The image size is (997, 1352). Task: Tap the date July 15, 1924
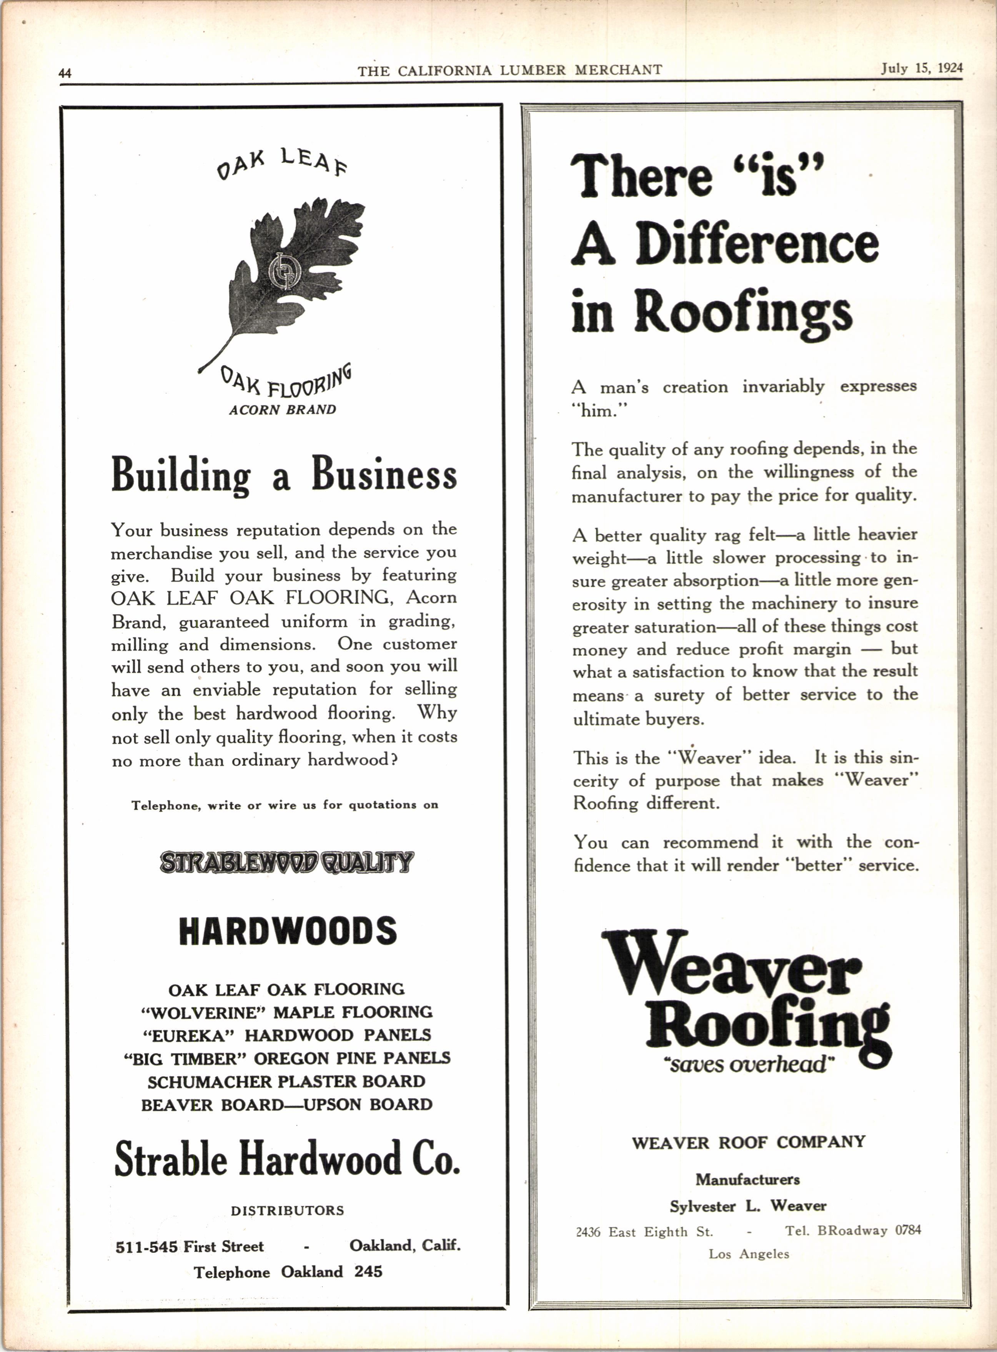[x=922, y=68]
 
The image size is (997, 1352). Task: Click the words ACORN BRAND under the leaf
[x=283, y=410]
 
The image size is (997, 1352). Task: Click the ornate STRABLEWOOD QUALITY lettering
[x=287, y=862]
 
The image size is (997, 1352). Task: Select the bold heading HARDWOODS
[x=288, y=931]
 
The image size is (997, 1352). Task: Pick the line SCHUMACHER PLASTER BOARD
[x=287, y=1082]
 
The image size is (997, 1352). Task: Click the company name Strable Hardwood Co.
[x=287, y=1159]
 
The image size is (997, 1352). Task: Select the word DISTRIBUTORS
[x=287, y=1211]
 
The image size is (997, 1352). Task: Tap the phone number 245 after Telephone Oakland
[x=368, y=1272]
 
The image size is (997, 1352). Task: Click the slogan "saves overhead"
[x=747, y=1064]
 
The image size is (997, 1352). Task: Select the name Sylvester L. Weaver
[x=748, y=1206]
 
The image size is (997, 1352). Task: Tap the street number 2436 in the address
[x=588, y=1232]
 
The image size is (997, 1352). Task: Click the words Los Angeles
[x=748, y=1254]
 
